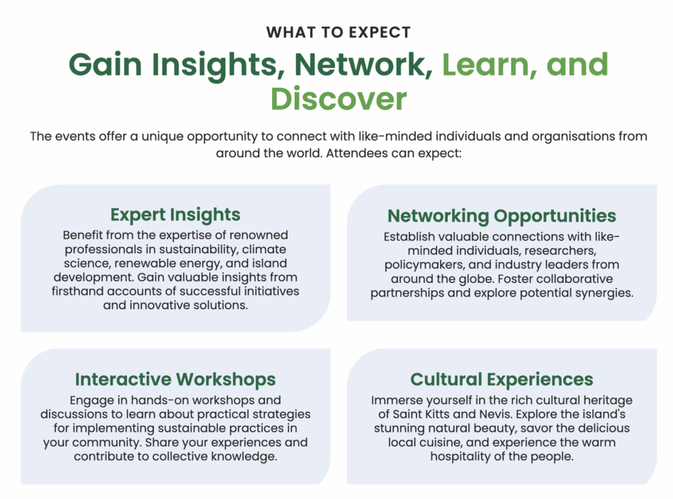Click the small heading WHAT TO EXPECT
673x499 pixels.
338,33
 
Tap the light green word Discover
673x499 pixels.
338,98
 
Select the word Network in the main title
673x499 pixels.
363,64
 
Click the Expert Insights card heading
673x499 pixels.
175,214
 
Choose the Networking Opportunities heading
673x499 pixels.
502,216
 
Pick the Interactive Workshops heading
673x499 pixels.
175,379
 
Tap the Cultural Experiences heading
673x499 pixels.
502,379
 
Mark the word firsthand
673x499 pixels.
77,291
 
